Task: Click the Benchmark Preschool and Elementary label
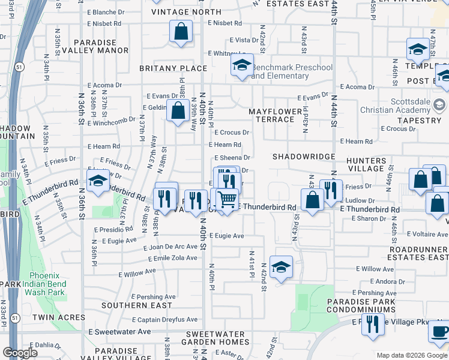click(x=292, y=71)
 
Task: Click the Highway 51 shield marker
click(x=20, y=66)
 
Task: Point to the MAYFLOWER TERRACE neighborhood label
click(x=272, y=115)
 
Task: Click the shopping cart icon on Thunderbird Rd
click(x=227, y=199)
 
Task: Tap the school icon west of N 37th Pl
click(x=97, y=181)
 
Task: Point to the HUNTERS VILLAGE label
click(x=366, y=165)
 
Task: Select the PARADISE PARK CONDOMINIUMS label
click(x=361, y=305)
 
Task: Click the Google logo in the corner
click(x=20, y=353)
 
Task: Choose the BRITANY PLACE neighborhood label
click(x=164, y=68)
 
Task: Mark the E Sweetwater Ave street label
click(x=119, y=331)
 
